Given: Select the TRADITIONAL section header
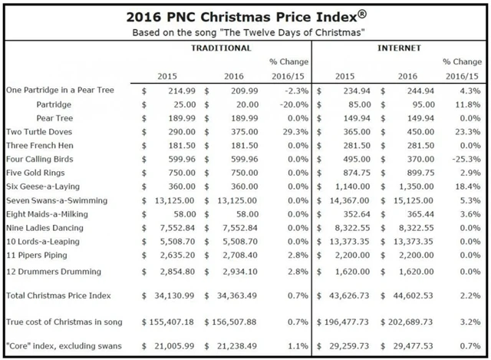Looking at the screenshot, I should click(x=221, y=48).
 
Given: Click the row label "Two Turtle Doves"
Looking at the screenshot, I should click(x=41, y=131).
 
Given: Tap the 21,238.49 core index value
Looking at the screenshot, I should click(x=239, y=346).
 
